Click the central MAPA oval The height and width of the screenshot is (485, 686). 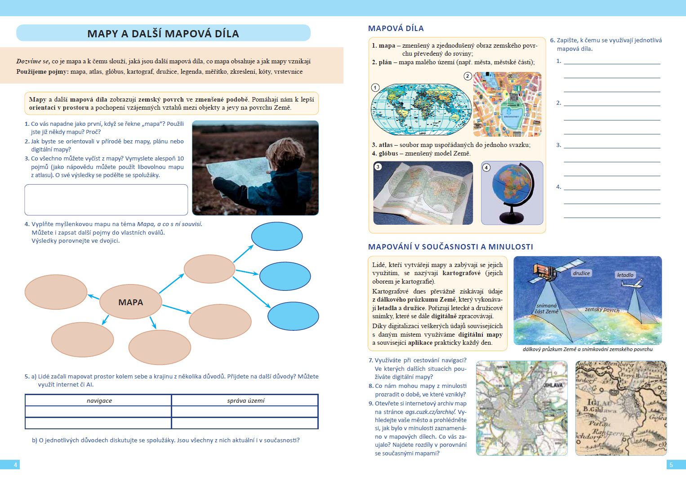tap(130, 302)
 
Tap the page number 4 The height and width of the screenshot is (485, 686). tap(15, 465)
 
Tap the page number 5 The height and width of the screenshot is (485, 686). tap(671, 465)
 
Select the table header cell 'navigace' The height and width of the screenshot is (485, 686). tap(99, 400)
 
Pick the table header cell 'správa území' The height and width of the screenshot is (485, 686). tap(245, 400)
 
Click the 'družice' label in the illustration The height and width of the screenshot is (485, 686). tap(581, 273)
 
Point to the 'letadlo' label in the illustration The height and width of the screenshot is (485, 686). tap(625, 275)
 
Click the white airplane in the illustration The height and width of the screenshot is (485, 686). tap(631, 284)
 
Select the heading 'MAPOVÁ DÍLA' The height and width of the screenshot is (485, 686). tap(396, 28)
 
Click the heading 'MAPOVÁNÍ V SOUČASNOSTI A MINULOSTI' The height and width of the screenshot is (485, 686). tap(450, 247)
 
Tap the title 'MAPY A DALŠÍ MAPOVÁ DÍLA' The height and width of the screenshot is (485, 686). tap(163, 34)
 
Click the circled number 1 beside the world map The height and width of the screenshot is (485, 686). tap(375, 88)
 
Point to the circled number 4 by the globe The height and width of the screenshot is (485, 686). tap(486, 168)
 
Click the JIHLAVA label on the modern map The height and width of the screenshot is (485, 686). tap(553, 385)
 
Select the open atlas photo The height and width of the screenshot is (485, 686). tap(423, 193)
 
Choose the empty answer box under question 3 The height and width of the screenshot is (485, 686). tap(106, 200)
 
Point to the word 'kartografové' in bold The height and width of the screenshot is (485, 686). tap(461, 273)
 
